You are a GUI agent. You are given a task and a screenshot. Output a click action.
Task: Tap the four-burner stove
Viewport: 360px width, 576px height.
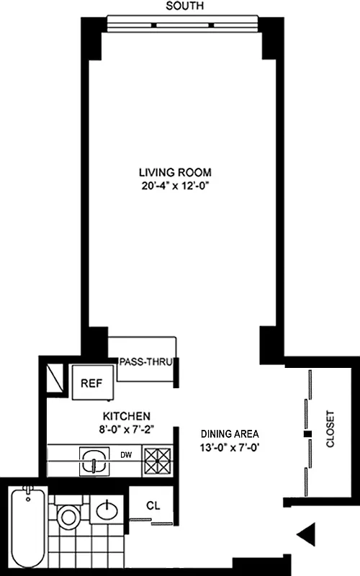[x=157, y=459]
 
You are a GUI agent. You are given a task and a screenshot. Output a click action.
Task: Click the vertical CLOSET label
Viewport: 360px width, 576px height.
[x=331, y=429]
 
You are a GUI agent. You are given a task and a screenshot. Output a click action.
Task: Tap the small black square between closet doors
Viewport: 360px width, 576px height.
[x=307, y=434]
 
